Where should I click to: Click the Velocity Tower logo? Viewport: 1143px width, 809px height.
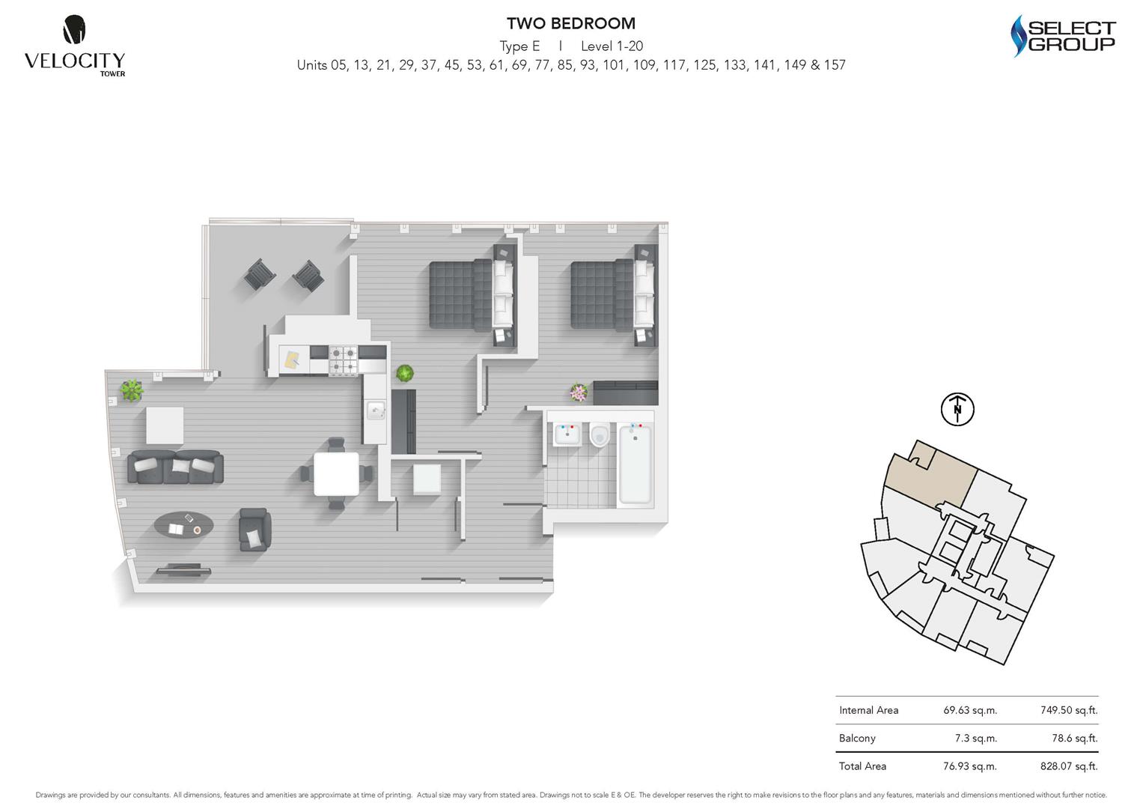click(x=74, y=46)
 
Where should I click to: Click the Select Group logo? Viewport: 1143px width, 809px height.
click(x=1063, y=37)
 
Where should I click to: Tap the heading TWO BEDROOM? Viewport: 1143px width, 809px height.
click(x=570, y=24)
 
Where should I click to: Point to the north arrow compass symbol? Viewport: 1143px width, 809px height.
click(x=957, y=409)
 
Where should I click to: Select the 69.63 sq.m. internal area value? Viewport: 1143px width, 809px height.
click(x=969, y=710)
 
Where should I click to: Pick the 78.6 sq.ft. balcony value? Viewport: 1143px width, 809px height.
click(x=1074, y=738)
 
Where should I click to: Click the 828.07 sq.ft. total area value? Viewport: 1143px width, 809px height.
click(x=1068, y=766)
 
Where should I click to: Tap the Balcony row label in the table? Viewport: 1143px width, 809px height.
click(x=857, y=738)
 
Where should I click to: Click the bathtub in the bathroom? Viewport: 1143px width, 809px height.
click(x=635, y=463)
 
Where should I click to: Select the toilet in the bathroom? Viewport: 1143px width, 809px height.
click(x=600, y=435)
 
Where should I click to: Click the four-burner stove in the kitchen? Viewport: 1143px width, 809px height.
click(x=344, y=360)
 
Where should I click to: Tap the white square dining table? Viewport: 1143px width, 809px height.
click(x=336, y=474)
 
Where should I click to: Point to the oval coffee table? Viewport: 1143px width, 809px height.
click(x=183, y=524)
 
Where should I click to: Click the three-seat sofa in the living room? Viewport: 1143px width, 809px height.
click(x=176, y=467)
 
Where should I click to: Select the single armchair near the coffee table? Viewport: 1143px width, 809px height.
click(x=254, y=530)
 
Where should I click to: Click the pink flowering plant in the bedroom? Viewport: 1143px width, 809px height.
click(x=578, y=393)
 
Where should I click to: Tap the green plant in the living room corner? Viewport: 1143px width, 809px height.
click(x=132, y=390)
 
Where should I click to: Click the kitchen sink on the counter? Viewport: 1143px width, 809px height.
click(x=375, y=410)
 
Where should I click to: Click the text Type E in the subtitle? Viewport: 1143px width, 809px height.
click(x=519, y=46)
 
